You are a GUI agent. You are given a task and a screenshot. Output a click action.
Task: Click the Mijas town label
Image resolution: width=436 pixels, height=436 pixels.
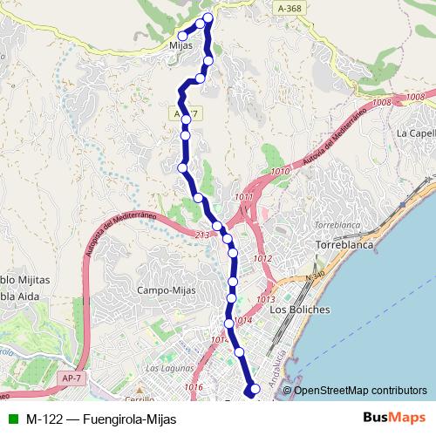(181, 45)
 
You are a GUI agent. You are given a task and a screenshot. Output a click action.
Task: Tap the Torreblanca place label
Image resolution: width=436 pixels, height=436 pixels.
(337, 247)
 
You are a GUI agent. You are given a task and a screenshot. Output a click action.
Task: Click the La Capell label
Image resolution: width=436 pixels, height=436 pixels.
(415, 133)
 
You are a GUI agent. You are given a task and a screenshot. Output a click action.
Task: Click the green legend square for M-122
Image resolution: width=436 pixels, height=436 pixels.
(12, 419)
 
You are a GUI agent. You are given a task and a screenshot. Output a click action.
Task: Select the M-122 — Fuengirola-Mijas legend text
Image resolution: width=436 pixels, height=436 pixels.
(101, 419)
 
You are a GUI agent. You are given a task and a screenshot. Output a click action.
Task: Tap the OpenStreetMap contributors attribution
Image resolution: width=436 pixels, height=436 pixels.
(360, 391)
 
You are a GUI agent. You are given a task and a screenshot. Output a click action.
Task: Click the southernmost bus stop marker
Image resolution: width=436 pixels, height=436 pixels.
(255, 389)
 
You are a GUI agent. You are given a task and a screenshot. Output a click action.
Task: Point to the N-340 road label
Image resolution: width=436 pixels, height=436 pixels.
(315, 276)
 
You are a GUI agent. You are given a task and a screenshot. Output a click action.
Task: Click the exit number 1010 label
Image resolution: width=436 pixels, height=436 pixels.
(280, 172)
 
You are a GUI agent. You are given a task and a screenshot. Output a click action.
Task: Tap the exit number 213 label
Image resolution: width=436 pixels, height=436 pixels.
(202, 235)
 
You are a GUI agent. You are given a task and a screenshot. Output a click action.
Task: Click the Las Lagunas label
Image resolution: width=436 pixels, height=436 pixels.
(166, 369)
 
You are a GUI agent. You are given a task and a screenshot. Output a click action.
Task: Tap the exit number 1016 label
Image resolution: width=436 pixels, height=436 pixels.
(194, 386)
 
